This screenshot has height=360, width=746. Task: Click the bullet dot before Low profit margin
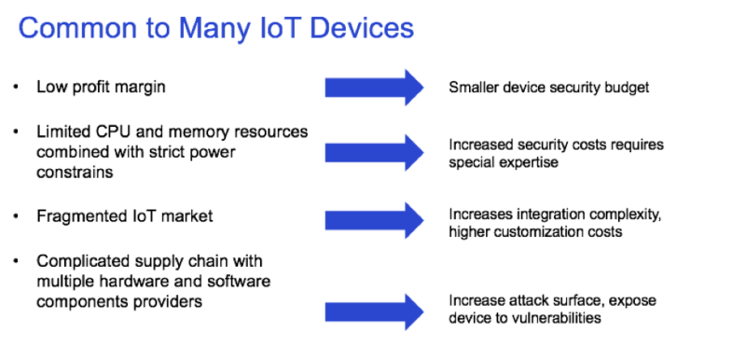(16, 88)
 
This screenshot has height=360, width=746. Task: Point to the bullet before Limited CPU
(16, 132)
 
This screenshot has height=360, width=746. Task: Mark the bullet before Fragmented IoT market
(16, 216)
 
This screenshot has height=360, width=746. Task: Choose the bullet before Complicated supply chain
(16, 262)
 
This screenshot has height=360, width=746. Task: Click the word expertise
(528, 161)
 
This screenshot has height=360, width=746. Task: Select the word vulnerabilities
(551, 318)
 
